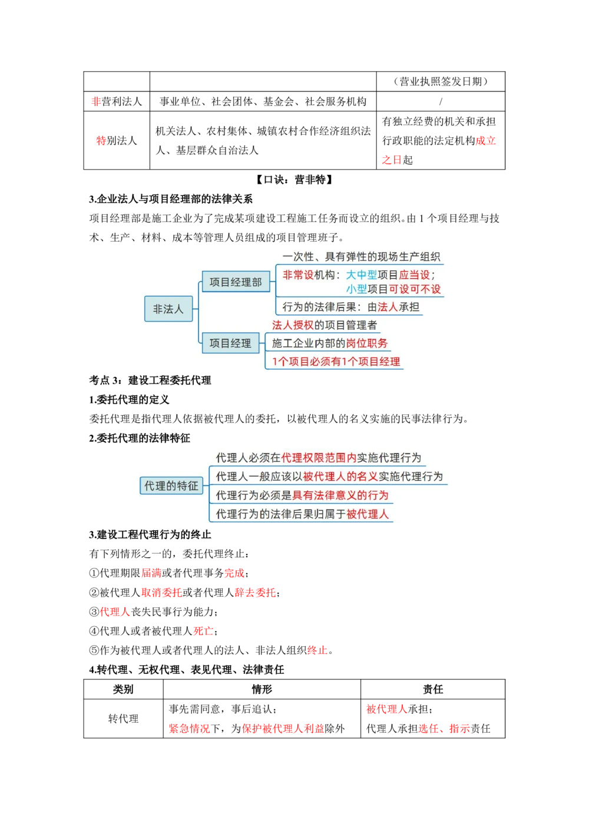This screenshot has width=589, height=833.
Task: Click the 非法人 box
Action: coord(168,309)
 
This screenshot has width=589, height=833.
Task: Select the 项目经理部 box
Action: coord(236,282)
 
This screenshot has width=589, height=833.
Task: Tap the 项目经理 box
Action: coord(230,343)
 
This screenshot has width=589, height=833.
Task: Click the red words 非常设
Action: coord(298,275)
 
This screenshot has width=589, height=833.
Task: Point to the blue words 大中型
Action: coord(361,275)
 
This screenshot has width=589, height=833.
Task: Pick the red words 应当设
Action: coord(415,275)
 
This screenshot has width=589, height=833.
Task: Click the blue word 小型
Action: coord(356,289)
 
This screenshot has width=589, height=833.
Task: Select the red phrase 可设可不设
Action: coord(415,289)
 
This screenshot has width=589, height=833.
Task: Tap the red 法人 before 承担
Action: coord(388,307)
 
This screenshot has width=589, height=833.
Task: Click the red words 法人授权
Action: coord(293,325)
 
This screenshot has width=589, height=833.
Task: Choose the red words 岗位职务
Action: coord(366,343)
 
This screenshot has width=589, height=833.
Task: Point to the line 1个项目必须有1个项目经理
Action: coord(336,362)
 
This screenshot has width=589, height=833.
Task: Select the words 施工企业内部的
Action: coord(308,343)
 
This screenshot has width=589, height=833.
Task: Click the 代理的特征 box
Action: coord(171,486)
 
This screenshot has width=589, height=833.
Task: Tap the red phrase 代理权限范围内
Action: coord(319,458)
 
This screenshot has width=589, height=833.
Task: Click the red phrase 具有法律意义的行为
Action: coord(340,495)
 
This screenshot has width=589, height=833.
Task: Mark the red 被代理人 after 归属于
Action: coord(368,514)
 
